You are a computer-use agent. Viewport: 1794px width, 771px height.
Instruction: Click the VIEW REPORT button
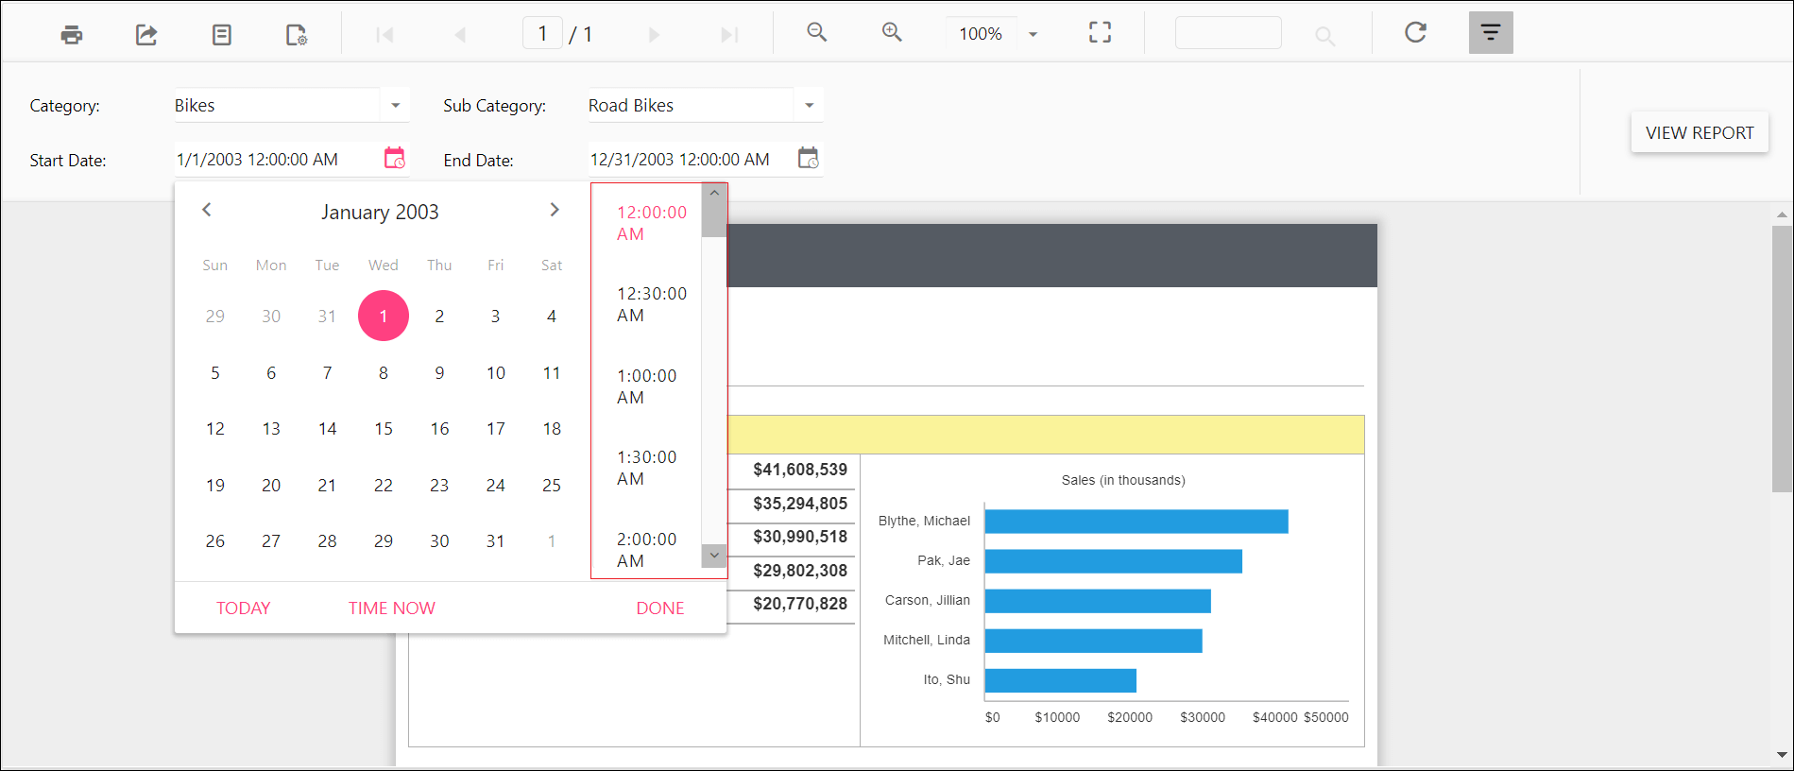(1699, 133)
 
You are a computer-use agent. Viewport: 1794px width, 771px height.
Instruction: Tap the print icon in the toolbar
(72, 35)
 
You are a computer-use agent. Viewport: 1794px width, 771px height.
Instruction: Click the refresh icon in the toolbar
(1414, 33)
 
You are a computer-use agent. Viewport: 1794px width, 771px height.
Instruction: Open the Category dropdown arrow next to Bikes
(395, 106)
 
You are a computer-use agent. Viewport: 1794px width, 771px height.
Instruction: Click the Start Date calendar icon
(394, 159)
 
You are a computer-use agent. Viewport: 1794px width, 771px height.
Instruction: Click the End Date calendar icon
(808, 159)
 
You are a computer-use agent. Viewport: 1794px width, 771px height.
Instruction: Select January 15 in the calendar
(383, 429)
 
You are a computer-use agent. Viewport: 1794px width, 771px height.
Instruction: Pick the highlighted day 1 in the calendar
(383, 316)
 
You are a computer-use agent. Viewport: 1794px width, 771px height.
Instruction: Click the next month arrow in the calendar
(555, 210)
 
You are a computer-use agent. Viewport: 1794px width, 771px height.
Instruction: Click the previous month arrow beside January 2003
(207, 210)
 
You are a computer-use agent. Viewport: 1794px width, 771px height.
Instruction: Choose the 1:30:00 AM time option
(646, 468)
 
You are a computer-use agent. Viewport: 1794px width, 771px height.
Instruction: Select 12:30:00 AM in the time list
(651, 304)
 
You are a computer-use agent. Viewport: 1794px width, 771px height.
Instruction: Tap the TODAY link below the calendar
(243, 608)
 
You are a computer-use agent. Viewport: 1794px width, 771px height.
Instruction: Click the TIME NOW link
(391, 608)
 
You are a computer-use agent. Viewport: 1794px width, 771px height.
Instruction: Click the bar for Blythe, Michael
(1136, 522)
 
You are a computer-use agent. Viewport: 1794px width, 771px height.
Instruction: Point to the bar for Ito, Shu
(1060, 680)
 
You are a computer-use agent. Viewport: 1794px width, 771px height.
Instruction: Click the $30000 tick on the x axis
(1202, 717)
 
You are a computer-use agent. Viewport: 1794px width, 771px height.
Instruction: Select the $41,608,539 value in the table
(799, 470)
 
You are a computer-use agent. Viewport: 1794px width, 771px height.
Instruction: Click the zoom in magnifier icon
(891, 33)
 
